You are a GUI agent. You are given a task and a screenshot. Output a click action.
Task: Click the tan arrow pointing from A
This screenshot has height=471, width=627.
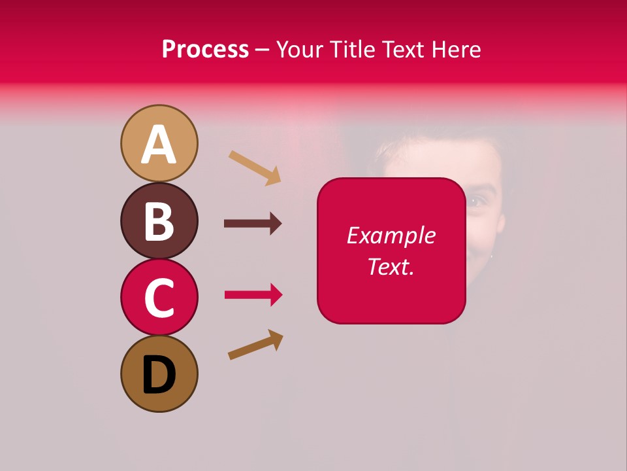255,167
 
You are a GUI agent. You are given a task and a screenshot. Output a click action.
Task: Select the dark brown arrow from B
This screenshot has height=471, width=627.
253,224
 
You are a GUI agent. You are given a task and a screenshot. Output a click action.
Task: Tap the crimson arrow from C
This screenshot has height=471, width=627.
253,295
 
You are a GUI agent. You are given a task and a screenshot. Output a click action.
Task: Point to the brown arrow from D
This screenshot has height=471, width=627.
255,345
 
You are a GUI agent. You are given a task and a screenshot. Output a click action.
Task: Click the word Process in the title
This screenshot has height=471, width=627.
205,49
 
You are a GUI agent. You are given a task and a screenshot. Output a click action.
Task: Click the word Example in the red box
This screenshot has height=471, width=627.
391,235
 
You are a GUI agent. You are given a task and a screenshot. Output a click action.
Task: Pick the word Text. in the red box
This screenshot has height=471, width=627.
391,266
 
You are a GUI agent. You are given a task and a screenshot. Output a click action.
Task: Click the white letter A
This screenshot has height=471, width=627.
159,145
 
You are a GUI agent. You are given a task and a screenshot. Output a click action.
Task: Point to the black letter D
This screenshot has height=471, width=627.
159,375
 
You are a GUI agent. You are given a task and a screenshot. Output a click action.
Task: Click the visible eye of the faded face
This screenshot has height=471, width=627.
478,201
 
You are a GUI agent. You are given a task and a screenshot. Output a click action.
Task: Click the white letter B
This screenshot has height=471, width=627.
159,221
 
